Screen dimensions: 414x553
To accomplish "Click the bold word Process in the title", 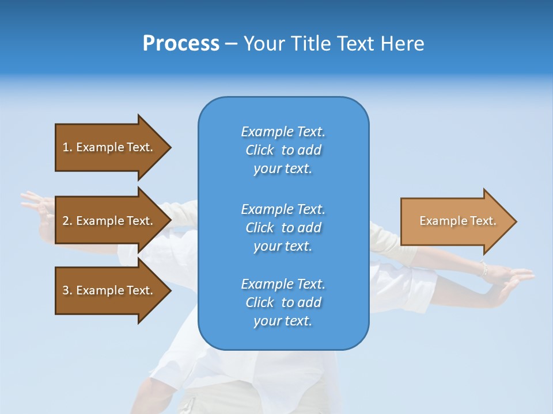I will pos(181,44).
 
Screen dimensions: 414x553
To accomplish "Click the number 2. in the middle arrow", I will pos(67,221).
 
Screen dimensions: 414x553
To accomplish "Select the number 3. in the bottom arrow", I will pos(67,290).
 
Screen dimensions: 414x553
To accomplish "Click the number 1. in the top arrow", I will pos(67,147).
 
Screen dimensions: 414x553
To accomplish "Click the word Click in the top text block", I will pos(260,150).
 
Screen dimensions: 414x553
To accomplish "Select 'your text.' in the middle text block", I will pos(282,246).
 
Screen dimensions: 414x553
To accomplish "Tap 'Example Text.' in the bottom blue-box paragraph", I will pos(283,284).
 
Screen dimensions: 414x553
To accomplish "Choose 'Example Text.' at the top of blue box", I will pos(283,132).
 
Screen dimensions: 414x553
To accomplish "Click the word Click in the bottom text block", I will pos(260,302).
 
